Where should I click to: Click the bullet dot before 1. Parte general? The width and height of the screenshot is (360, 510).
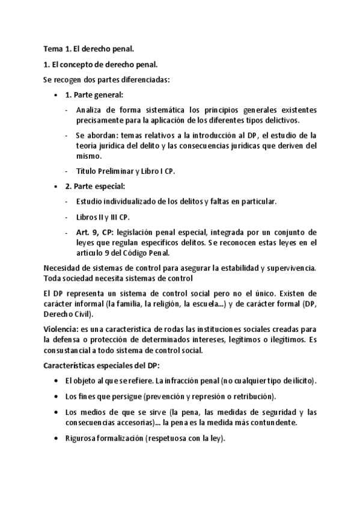point(55,95)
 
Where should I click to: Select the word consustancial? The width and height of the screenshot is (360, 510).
point(71,350)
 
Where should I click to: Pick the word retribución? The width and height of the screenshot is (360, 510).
point(251,396)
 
